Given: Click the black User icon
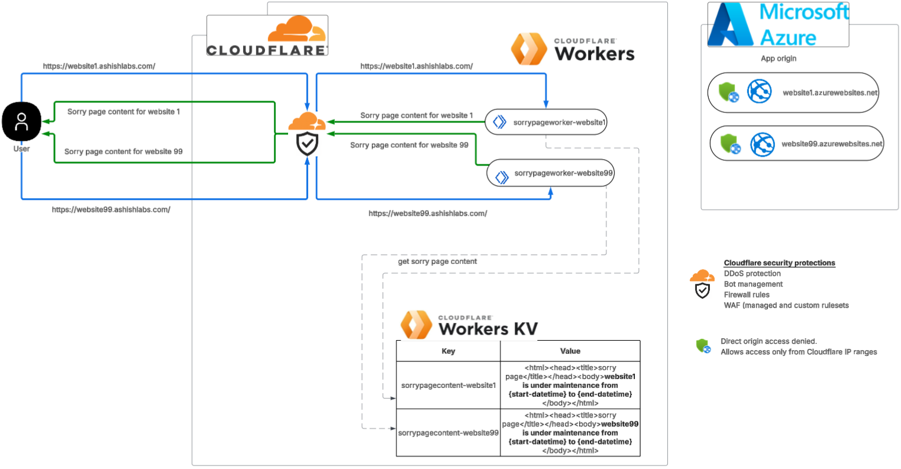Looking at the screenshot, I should click(22, 121).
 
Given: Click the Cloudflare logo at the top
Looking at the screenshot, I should click(267, 37).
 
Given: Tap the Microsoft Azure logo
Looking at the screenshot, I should click(778, 25).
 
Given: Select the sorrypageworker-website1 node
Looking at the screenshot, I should click(547, 122).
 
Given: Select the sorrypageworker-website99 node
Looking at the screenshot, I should click(550, 173).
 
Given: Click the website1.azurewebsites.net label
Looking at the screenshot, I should click(829, 93).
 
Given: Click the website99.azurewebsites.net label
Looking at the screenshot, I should click(831, 144).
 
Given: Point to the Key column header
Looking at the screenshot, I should click(448, 351).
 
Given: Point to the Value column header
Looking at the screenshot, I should click(570, 351).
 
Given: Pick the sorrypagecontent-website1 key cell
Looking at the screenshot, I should click(448, 386).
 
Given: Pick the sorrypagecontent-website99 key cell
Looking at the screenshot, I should click(448, 433).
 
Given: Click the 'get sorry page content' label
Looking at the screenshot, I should click(437, 261).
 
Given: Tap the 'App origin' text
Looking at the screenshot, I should click(778, 59).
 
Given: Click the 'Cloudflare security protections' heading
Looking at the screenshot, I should click(779, 263).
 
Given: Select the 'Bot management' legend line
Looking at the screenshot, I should click(753, 284).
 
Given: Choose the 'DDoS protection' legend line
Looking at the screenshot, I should click(752, 274).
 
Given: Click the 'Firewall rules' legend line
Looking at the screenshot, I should click(747, 295).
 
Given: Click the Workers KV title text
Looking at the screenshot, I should click(488, 329).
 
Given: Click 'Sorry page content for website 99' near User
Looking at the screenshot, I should click(123, 151).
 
